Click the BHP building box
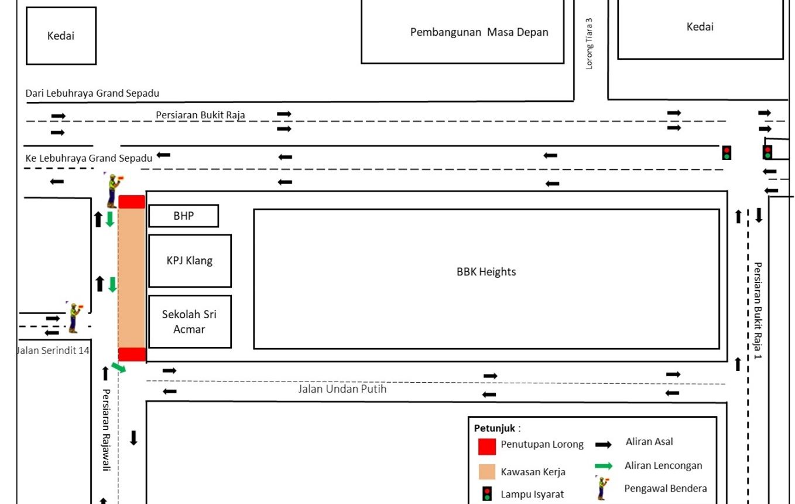pos(183,216)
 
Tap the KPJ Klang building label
pos(190,261)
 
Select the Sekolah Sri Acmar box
pos(190,322)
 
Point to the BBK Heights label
pos(486,272)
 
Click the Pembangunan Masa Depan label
pos(479,32)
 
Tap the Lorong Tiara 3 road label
pos(590,44)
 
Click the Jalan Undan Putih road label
pos(342,389)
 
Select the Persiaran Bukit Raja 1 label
pos(758,311)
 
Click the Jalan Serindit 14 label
pos(53,351)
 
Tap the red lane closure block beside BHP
pos(132,202)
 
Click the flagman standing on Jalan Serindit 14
pos(74,317)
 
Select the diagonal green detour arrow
pos(119,367)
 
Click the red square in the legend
pos(487,446)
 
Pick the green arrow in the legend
pos(604,466)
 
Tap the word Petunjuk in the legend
pos(494,428)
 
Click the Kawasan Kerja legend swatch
pos(487,472)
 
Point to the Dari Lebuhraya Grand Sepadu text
pos(92,93)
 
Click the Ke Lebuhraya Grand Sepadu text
pos(89,158)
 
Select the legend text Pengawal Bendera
pos(666,488)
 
